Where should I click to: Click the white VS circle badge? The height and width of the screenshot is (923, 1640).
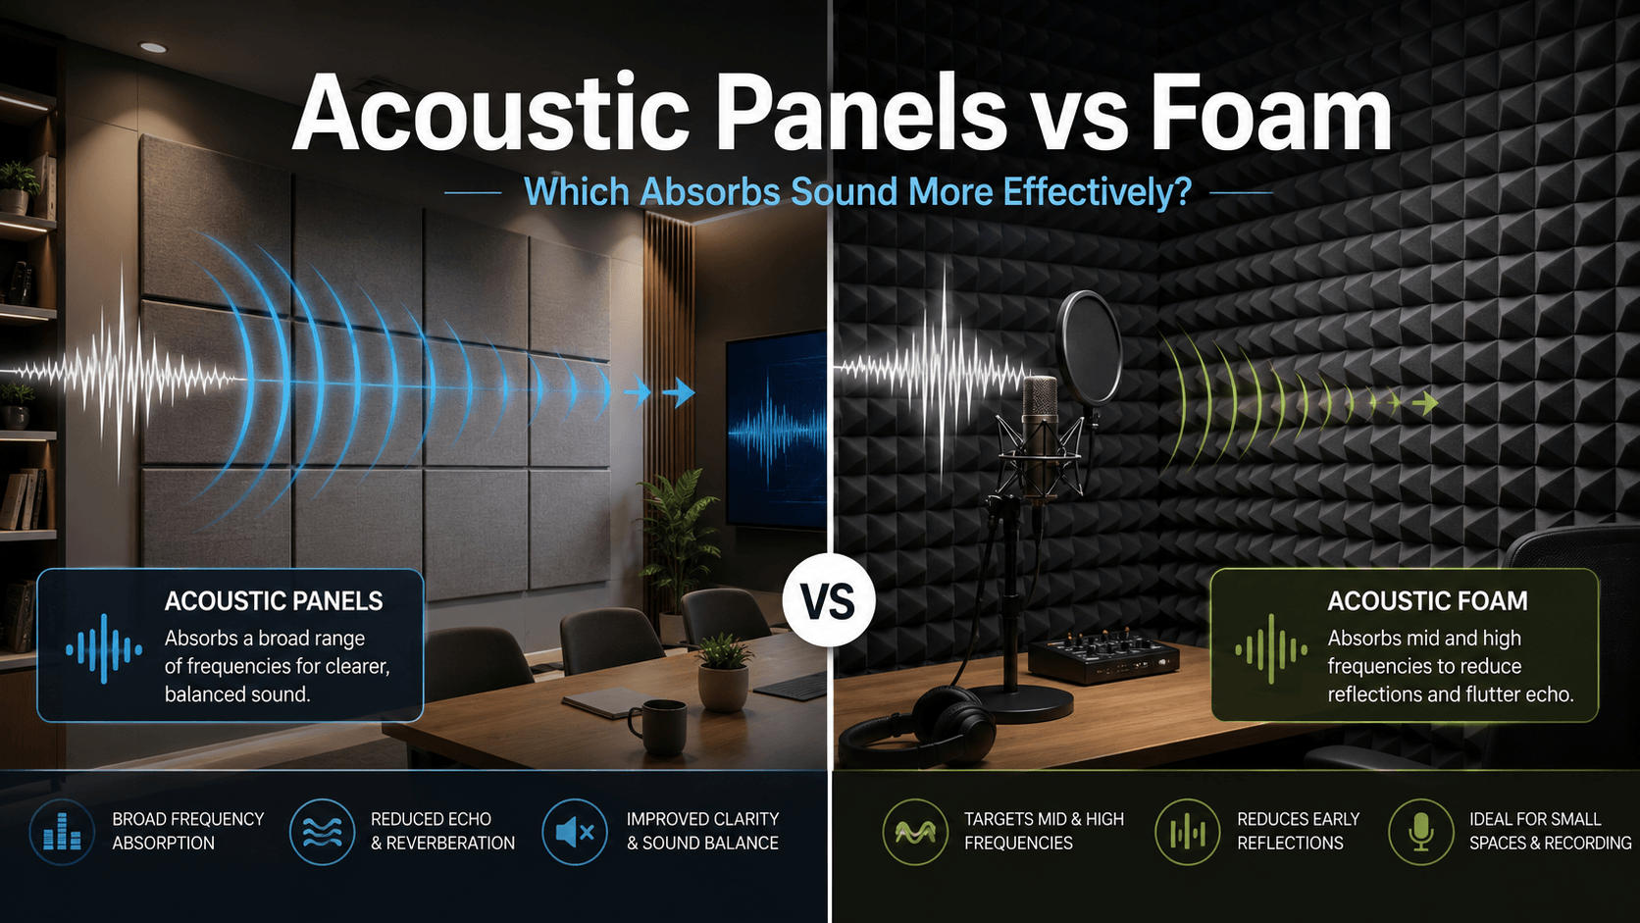pos(829,599)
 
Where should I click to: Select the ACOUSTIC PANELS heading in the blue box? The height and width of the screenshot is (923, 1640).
pos(273,601)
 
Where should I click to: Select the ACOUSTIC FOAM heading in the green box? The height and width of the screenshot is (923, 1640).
pos(1427,601)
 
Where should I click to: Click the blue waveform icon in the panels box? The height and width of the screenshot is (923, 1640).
pos(104,649)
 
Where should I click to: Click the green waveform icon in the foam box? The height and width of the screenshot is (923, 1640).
pos(1271,649)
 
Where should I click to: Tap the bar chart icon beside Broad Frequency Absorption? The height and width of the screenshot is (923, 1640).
pos(62,832)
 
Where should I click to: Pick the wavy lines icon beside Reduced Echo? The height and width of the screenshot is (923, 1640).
pos(322,832)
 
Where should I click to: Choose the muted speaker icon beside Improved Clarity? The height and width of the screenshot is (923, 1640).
pos(575,832)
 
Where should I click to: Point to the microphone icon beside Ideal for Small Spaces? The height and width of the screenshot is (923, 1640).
pos(1421,832)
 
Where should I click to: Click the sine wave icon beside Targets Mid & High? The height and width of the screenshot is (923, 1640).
pos(915,832)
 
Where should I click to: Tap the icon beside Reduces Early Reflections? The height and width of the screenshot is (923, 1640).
pos(1188,832)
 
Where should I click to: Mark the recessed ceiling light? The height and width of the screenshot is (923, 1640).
pos(153,48)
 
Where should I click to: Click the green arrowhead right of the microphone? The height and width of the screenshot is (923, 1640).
pos(1425,402)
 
